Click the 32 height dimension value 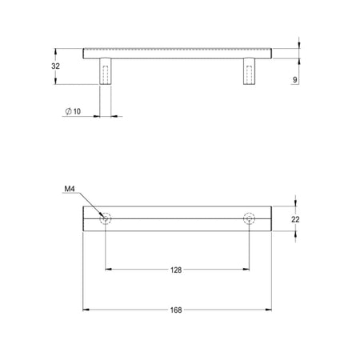[x=55, y=66]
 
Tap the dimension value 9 [x=294, y=80]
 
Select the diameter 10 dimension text [x=73, y=111]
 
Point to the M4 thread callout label [x=70, y=189]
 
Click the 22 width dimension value [x=295, y=219]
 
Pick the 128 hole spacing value [x=176, y=270]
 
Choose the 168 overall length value [x=176, y=310]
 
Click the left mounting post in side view [x=106, y=71]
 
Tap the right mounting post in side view [x=249, y=71]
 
